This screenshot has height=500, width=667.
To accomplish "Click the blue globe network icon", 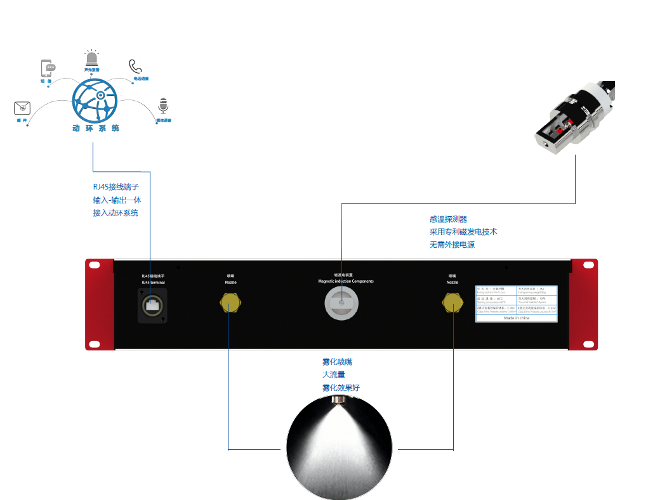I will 95,101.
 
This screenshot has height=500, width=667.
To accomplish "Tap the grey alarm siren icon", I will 92,58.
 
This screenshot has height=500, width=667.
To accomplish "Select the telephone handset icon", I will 135,67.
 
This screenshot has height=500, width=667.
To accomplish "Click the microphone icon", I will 164,106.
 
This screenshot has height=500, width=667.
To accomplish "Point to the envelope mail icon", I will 22,108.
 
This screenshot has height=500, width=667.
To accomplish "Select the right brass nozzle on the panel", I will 452,304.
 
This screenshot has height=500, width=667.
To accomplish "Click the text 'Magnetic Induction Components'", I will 346,281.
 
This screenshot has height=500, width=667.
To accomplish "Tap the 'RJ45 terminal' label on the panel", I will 153,281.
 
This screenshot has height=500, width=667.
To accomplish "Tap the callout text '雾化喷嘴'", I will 337,362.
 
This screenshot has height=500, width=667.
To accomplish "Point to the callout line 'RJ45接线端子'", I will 116,187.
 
